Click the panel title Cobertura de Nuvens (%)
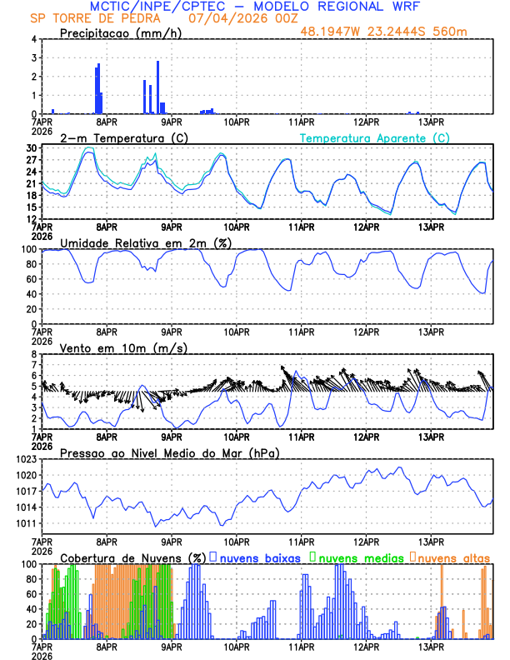[133, 557]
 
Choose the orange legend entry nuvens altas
[453, 557]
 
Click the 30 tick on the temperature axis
[32, 148]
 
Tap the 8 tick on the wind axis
[34, 354]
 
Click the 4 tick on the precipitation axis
[34, 39]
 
